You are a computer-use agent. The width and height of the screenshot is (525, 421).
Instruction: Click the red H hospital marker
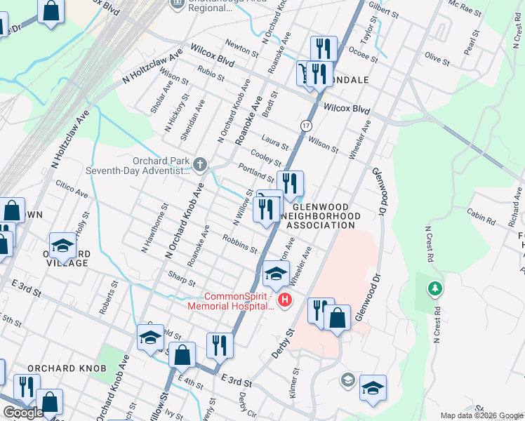[285, 301]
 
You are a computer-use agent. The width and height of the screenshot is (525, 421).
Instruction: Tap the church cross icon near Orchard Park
[200, 165]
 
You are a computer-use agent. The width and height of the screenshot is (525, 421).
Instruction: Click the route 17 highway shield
[306, 125]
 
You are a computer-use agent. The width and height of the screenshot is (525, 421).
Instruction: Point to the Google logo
[23, 413]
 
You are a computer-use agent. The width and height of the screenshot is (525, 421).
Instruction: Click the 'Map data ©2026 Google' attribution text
[481, 415]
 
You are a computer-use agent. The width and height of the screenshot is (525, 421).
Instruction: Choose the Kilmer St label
[294, 382]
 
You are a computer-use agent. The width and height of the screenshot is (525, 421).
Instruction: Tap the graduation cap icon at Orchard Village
[62, 245]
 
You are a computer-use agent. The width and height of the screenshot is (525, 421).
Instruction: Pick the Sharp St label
[182, 279]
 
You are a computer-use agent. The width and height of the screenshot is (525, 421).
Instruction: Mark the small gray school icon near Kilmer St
[347, 380]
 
